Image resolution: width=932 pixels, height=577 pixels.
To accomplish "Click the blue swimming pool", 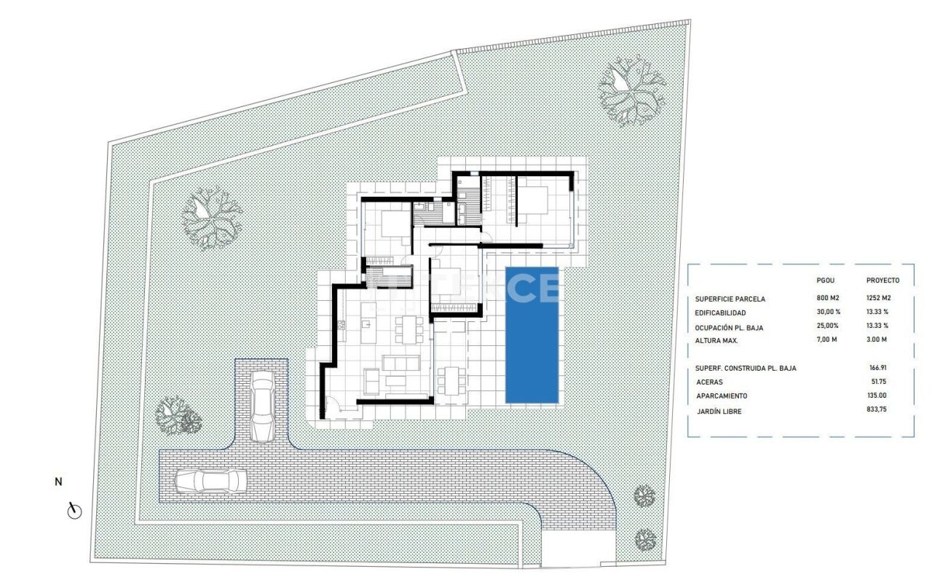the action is point(532,335).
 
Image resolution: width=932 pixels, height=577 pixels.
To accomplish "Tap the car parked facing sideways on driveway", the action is point(210,482).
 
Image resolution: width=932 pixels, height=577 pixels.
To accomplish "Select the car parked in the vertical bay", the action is point(263,407).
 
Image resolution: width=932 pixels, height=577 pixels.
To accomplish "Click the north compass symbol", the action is point(74,511).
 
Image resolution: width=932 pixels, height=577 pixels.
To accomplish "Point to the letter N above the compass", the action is point(58,482).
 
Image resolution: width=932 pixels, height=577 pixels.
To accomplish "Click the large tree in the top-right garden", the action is point(631,92).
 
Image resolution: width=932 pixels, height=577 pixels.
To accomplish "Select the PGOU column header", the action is point(826,280).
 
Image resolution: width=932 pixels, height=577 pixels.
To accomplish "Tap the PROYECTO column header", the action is point(883,280).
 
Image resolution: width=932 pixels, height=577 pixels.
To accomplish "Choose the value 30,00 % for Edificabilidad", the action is point(829,311).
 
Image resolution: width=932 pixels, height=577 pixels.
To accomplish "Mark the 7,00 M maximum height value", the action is point(826,339).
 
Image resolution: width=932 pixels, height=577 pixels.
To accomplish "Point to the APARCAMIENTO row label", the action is point(722,396).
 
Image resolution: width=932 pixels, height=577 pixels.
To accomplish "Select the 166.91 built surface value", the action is point(878,368).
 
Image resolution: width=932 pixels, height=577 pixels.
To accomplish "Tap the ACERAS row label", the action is point(709,382).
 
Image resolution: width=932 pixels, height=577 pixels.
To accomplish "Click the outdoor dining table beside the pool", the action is point(451,380).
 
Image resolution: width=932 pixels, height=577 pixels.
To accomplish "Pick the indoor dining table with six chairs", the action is point(409,330).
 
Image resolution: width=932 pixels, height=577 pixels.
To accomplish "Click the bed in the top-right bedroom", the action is point(532,200).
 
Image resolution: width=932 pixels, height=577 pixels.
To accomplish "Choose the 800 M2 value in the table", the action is point(828,298).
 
